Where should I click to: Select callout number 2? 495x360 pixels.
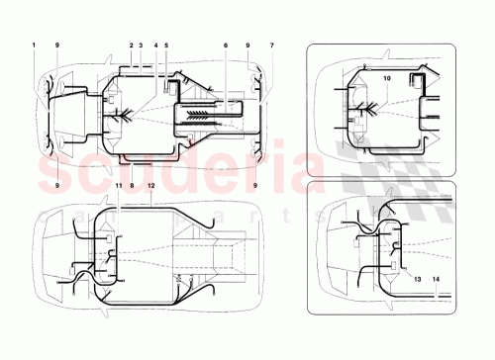(131, 45)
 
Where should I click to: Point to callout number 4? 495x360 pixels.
(154, 45)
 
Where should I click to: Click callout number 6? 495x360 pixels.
(226, 45)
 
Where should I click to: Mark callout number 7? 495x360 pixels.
(271, 45)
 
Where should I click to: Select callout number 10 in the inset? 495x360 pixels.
(387, 76)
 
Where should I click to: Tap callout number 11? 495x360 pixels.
(118, 185)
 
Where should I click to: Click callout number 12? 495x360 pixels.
(150, 185)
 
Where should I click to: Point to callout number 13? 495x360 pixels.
(416, 278)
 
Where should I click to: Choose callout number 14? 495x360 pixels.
(436, 278)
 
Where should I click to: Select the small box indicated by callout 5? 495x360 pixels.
(164, 86)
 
